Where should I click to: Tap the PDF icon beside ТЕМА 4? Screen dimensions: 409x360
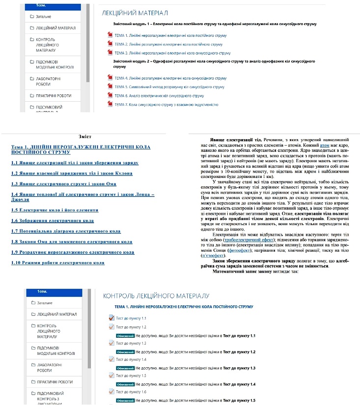pos(110,78)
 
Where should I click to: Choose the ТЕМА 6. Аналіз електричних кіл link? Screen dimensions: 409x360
pos(159,95)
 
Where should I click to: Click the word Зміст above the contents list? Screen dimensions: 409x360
pos(84,137)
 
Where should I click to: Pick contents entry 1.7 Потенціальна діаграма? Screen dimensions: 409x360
pos(65,231)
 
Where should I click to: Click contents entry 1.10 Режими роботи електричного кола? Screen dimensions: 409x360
pos(57,263)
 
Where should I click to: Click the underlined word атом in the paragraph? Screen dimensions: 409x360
pos(324,146)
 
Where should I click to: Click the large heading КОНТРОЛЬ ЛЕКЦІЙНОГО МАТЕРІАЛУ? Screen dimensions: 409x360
pos(156,295)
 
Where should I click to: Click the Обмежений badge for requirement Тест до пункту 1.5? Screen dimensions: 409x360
pos(125,401)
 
